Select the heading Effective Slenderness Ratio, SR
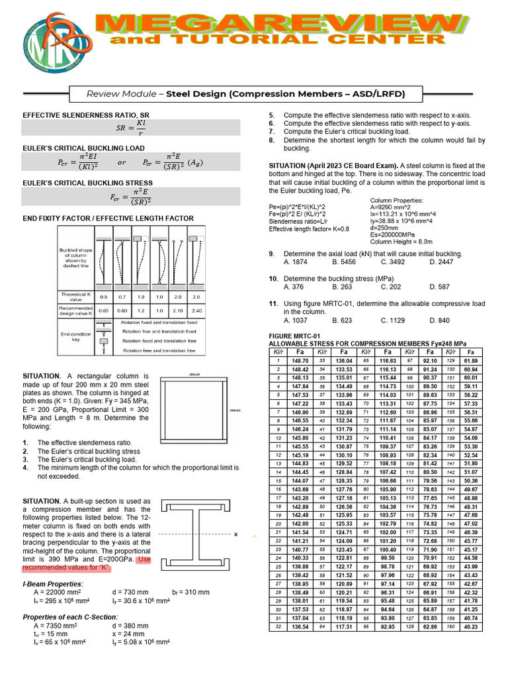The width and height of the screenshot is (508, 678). [x=86, y=115]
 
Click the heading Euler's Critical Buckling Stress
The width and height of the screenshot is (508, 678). [x=88, y=183]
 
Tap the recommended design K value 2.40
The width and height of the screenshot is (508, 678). [x=196, y=311]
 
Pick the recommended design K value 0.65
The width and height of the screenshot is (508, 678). [x=103, y=311]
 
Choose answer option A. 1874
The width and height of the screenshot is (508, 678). [x=298, y=262]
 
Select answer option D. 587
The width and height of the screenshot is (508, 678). [x=439, y=287]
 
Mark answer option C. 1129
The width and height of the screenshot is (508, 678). [x=392, y=320]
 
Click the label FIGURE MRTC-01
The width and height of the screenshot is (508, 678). [x=294, y=336]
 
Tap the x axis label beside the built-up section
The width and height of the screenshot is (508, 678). [x=235, y=534]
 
